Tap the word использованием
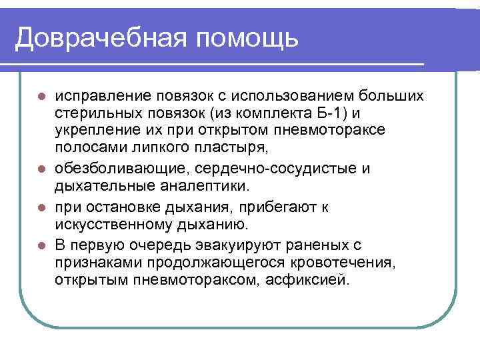click(x=281, y=97)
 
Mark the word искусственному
click(x=107, y=223)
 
